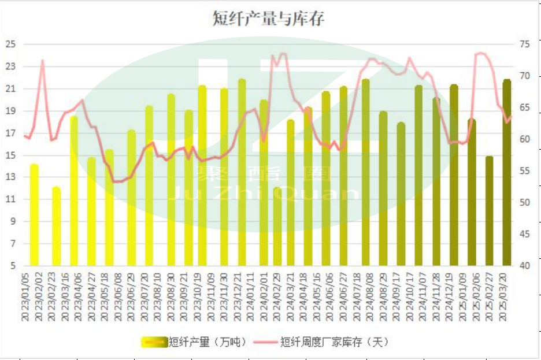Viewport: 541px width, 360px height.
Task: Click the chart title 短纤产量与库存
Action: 269,19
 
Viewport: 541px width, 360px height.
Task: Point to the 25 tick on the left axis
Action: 10,44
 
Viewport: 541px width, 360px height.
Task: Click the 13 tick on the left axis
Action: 10,177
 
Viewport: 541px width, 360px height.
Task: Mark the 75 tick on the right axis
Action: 525,44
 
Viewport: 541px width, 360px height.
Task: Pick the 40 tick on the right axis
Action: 525,266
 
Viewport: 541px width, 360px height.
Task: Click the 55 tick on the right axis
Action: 525,171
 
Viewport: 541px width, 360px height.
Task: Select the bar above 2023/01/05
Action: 34,215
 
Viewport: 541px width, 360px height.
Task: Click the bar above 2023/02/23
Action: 56,227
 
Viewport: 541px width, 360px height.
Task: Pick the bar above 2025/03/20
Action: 507,173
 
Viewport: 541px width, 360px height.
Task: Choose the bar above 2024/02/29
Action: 277,227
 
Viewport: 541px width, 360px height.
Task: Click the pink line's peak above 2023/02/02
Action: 42,60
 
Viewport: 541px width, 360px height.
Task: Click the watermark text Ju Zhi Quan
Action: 263,193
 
